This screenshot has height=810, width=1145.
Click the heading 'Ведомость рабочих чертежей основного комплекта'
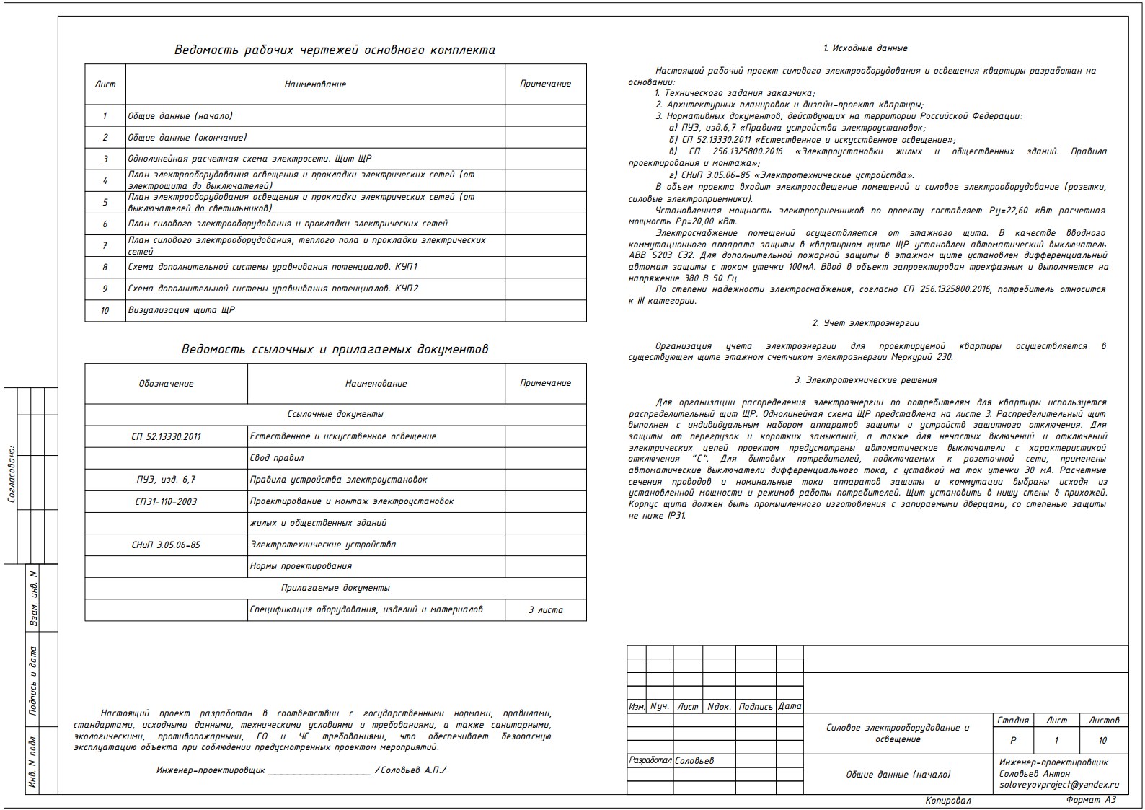[335, 50]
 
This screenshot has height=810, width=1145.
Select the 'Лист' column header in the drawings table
[105, 84]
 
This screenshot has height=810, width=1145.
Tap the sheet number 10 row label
[105, 311]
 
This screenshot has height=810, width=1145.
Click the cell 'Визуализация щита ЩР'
[182, 311]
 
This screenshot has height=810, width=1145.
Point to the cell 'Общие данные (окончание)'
[187, 138]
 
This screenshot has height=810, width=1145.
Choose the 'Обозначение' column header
[166, 384]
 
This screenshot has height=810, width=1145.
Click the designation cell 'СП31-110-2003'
[166, 502]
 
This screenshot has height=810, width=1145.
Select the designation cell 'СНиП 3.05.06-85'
[166, 545]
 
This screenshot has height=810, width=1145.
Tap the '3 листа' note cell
[546, 610]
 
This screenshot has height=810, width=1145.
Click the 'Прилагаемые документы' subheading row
[335, 589]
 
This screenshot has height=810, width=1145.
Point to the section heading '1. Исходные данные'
[865, 48]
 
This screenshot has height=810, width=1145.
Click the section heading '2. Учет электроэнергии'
[865, 324]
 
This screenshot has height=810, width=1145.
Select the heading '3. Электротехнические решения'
[865, 380]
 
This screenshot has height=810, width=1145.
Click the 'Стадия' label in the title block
[1012, 721]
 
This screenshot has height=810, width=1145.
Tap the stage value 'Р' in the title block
[1013, 741]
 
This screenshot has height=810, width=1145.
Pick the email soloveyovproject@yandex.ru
[1058, 785]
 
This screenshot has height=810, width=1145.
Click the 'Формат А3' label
[1091, 801]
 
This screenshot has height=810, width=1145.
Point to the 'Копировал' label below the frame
[948, 801]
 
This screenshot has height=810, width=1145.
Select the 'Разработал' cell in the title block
[650, 761]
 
